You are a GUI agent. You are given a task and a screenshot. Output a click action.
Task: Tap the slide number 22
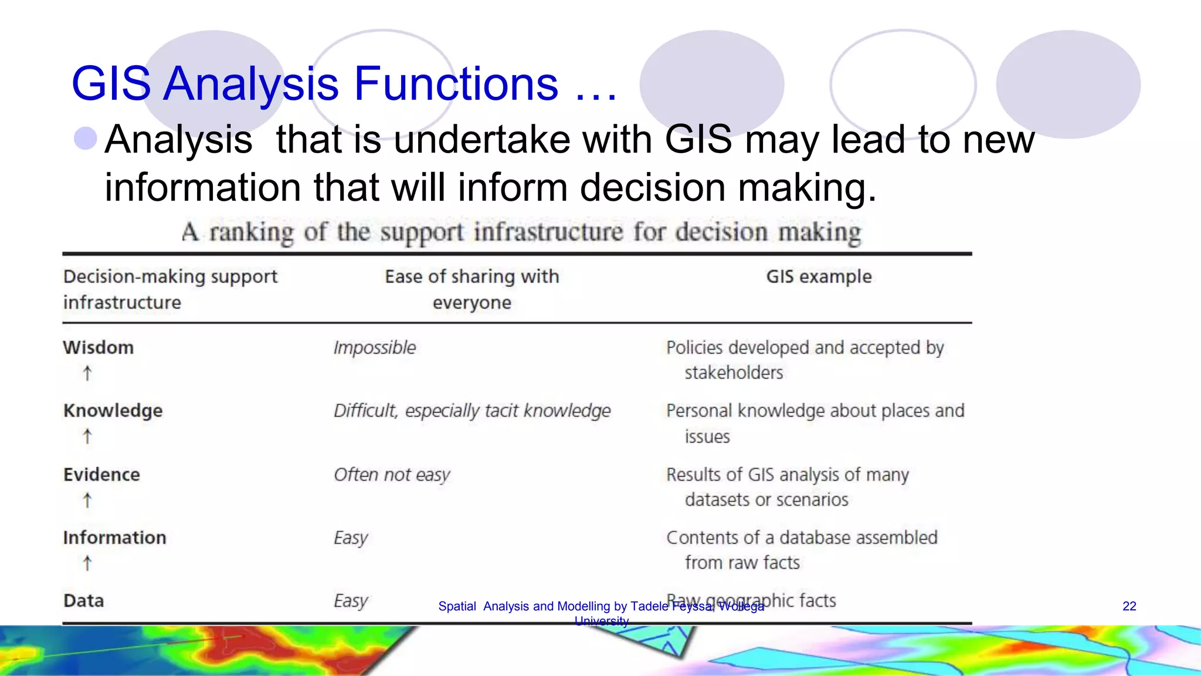click(1129, 606)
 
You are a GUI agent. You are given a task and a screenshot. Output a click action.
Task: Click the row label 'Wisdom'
click(99, 347)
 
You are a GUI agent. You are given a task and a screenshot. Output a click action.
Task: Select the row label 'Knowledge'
click(113, 411)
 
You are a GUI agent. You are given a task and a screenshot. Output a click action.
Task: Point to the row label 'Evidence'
click(101, 474)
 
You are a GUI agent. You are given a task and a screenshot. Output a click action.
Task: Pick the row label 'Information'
click(114, 538)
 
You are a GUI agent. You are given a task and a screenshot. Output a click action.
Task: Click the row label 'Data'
click(83, 601)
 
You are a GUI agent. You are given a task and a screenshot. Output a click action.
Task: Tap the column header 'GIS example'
click(819, 276)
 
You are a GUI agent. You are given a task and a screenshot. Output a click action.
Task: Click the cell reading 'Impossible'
click(375, 347)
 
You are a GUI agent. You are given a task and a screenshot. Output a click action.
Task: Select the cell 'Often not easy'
click(392, 474)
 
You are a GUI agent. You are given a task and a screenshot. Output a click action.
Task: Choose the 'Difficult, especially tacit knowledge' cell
click(472, 411)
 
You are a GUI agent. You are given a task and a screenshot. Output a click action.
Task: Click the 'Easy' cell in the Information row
click(351, 538)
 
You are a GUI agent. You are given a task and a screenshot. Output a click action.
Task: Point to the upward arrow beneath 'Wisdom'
click(87, 373)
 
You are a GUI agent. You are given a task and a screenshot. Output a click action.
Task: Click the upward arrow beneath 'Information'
click(87, 563)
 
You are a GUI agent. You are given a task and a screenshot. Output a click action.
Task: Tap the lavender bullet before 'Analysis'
click(86, 138)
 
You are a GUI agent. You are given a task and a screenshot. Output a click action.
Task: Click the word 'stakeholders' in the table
click(734, 373)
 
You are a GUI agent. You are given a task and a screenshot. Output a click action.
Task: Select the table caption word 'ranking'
click(252, 232)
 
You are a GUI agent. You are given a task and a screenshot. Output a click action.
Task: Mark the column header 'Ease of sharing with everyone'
click(472, 289)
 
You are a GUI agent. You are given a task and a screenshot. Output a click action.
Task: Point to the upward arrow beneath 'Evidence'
click(87, 500)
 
